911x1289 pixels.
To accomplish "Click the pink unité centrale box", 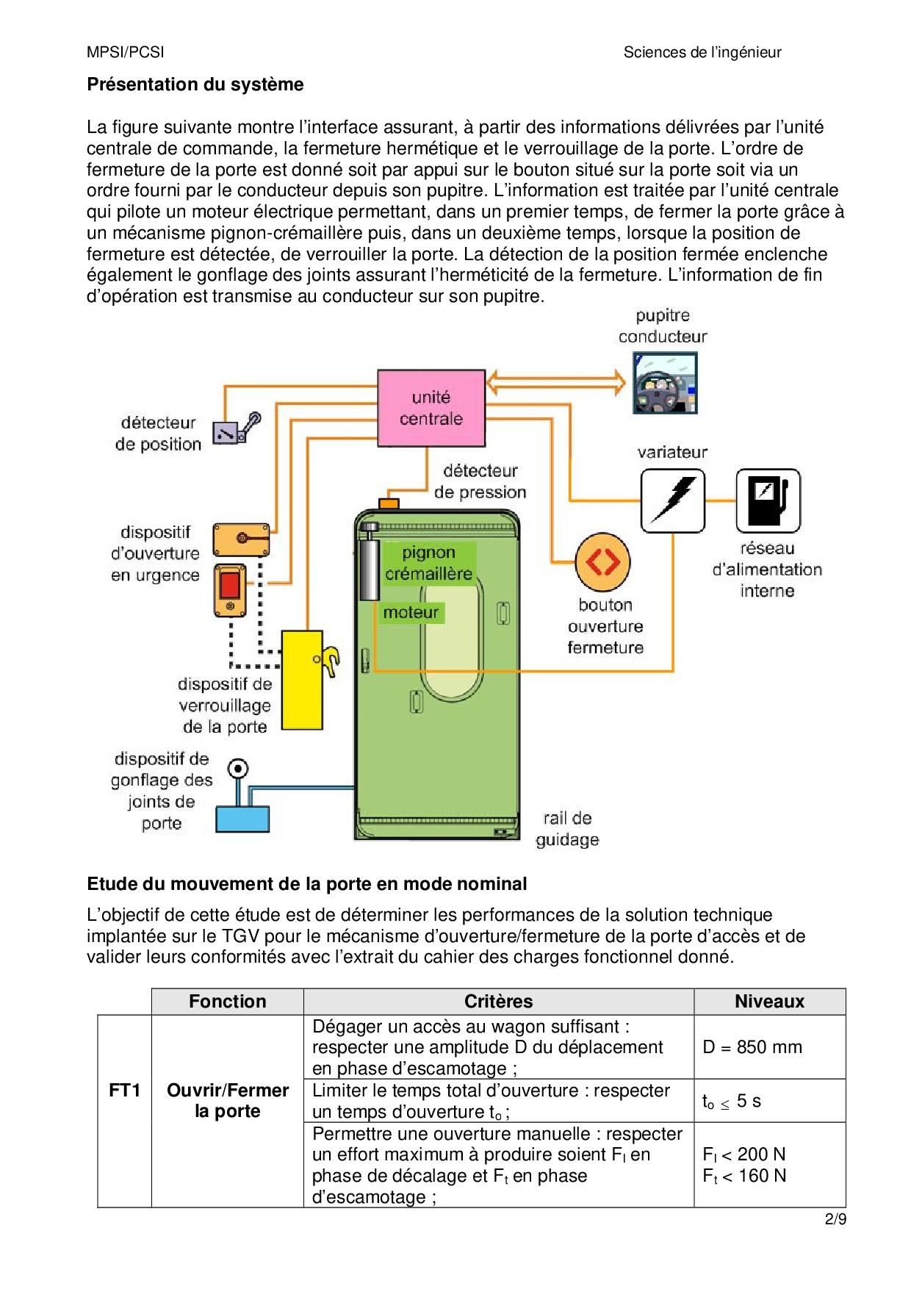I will (431, 408).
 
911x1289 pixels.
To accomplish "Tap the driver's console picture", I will (665, 383).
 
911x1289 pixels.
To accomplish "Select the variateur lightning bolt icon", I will (672, 500).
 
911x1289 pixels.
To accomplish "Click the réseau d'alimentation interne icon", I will (768, 500).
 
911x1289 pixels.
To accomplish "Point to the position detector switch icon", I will (236, 429).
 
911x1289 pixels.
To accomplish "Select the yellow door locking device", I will (303, 680).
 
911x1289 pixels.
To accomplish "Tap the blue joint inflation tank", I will (242, 819).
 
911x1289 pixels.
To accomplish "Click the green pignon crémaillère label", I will (429, 563).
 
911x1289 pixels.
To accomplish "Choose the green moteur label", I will (411, 612).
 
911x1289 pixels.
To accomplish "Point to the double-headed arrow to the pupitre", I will (556, 382).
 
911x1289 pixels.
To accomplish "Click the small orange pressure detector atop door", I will (389, 503).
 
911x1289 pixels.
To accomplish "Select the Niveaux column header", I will (769, 1002).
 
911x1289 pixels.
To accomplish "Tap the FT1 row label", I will (124, 1090).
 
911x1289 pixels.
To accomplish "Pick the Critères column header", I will (498, 1002).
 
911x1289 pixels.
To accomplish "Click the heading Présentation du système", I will (195, 85).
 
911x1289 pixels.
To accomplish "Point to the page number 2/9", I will (835, 1219).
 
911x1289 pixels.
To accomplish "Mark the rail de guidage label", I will (567, 829).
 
